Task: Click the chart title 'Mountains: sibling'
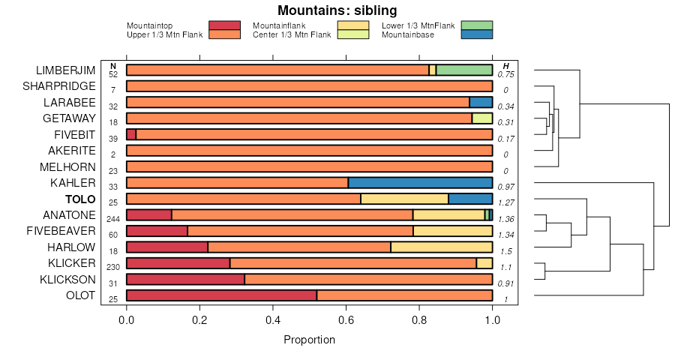(337, 10)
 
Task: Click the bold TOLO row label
(80, 199)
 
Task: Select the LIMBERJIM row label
(66, 70)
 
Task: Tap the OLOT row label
(81, 295)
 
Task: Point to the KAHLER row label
(73, 183)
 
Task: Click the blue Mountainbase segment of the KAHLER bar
(420, 183)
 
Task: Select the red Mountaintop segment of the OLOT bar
(221, 295)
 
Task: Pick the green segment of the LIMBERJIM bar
(464, 70)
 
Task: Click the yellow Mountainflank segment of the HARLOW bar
(441, 247)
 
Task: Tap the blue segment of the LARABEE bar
(481, 103)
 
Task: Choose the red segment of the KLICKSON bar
(185, 280)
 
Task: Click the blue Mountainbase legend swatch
(477, 34)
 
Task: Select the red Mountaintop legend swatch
(224, 25)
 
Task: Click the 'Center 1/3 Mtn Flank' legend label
(292, 34)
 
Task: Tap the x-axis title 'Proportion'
(309, 340)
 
